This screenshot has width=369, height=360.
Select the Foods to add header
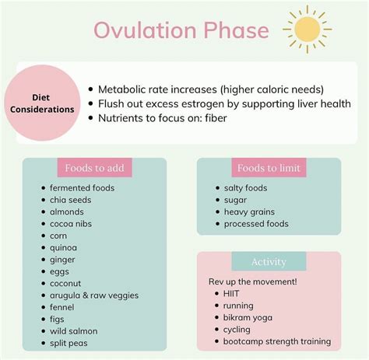(94, 168)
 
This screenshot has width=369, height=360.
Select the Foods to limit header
(269, 168)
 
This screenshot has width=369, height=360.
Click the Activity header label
(269, 262)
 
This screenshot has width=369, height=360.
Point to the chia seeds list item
(70, 200)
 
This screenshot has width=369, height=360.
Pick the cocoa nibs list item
(72, 224)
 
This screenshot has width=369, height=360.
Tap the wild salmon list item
(75, 331)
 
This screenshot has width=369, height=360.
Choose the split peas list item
(69, 343)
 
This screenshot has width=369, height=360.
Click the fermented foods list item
(82, 188)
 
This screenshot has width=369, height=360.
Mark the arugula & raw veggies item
(93, 295)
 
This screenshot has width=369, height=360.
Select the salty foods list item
(245, 188)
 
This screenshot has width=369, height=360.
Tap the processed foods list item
(255, 224)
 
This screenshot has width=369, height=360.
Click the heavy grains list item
(249, 211)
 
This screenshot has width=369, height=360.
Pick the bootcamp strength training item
(277, 341)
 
